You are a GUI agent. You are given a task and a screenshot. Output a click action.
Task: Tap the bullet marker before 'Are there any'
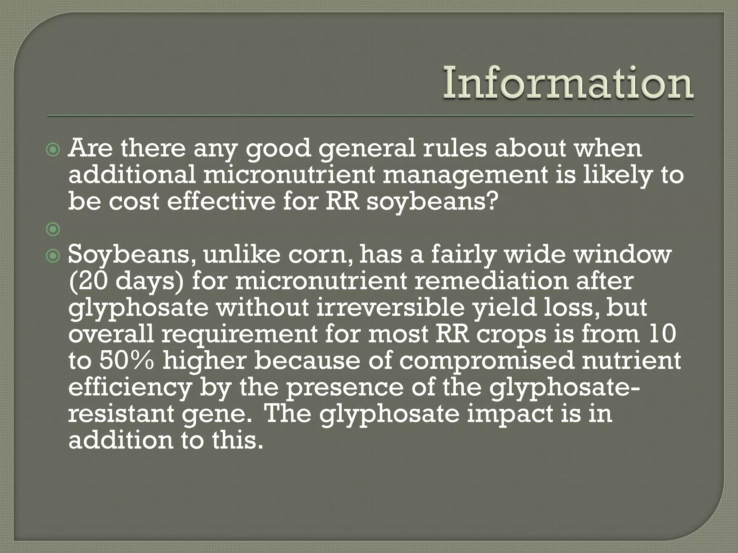point(53,150)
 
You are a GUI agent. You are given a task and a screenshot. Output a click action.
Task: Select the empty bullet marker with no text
point(53,229)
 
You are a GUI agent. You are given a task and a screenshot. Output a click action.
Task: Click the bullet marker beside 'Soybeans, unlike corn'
point(53,256)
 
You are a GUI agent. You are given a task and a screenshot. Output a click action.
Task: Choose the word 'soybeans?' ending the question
point(432,202)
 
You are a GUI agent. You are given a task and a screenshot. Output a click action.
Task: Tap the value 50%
point(126,361)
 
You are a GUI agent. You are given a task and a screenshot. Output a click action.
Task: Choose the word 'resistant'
point(121,414)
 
